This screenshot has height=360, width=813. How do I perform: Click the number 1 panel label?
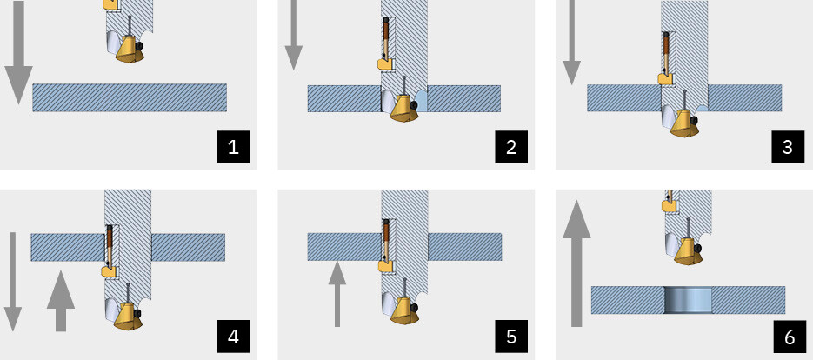233,146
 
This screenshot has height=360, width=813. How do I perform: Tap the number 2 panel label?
511,146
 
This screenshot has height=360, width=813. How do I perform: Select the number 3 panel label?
788,146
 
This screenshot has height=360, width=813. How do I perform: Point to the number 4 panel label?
233,336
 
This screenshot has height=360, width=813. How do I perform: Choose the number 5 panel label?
511,336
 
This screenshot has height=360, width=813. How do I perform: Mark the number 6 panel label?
788,336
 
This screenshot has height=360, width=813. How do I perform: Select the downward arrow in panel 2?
294,39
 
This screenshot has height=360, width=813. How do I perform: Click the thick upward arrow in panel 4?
60,300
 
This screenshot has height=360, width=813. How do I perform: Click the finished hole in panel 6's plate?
688,300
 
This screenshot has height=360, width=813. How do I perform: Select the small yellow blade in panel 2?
383,63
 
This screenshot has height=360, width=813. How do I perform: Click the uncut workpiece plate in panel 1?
130,97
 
